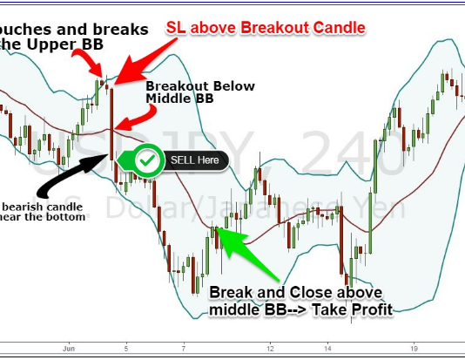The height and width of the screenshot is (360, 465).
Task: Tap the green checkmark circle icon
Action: coord(150,160)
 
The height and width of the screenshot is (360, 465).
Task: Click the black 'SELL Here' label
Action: coord(195,160)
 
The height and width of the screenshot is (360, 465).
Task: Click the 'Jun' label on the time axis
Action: coord(69,346)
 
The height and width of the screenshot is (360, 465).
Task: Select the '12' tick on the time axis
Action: coord(271,346)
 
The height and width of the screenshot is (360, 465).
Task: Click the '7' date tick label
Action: coord(185,346)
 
